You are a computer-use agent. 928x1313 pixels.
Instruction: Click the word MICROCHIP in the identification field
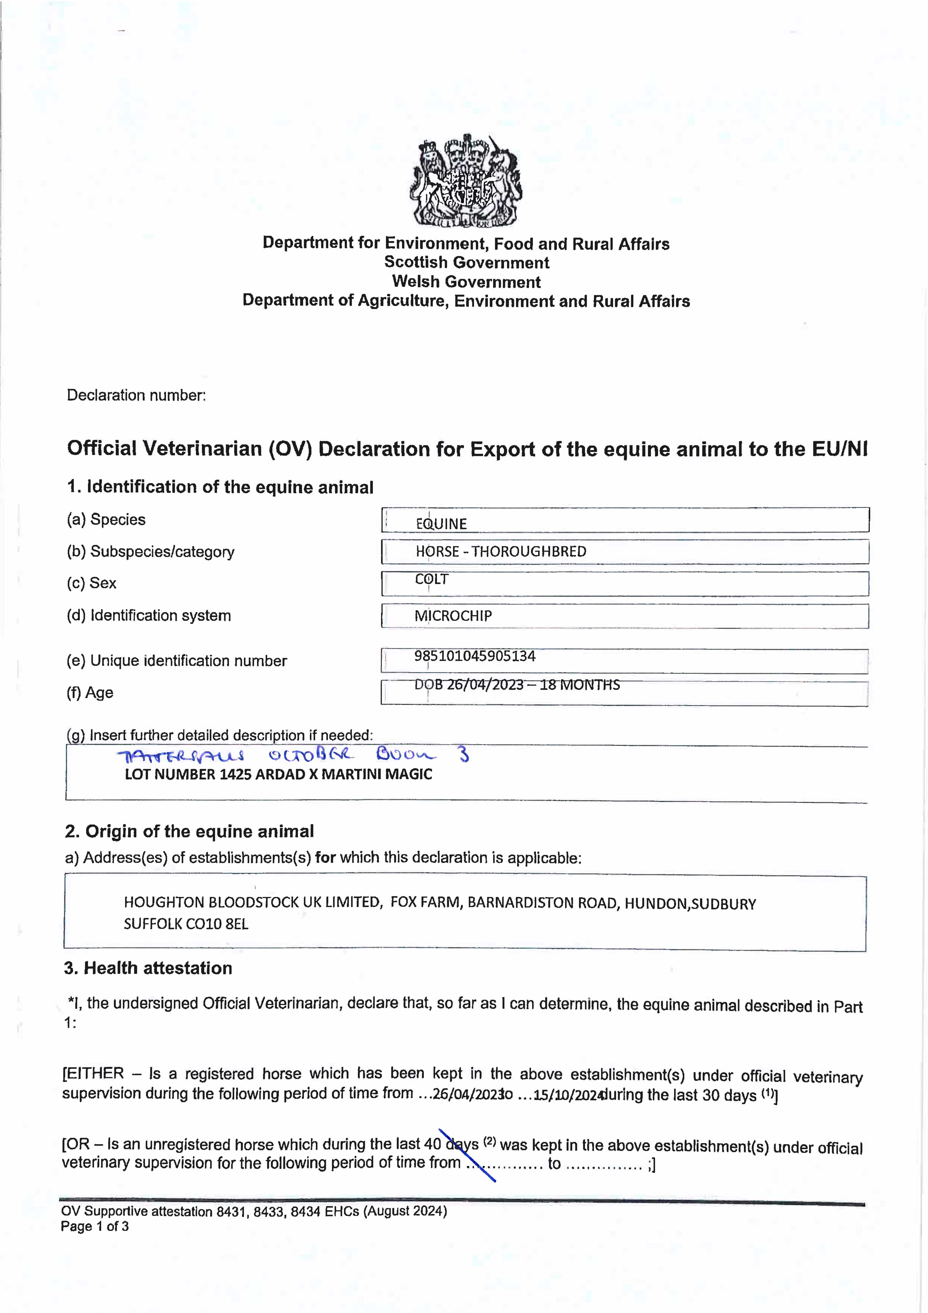click(453, 616)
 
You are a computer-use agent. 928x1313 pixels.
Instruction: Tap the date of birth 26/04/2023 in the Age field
click(485, 685)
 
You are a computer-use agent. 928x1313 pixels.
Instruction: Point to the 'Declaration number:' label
click(136, 395)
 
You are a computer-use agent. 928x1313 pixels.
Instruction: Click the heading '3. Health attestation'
click(148, 968)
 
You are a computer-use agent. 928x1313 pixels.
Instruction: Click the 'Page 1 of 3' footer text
click(95, 1226)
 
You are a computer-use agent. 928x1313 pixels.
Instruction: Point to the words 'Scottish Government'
click(467, 263)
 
